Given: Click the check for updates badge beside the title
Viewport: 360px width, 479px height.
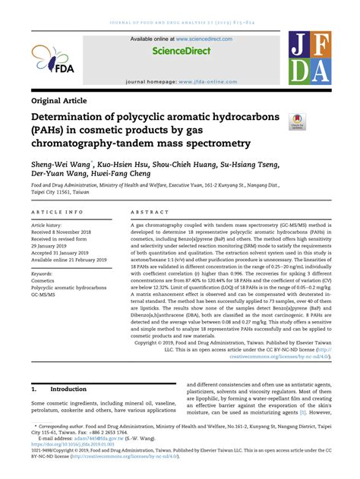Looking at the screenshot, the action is pos(297,122).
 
